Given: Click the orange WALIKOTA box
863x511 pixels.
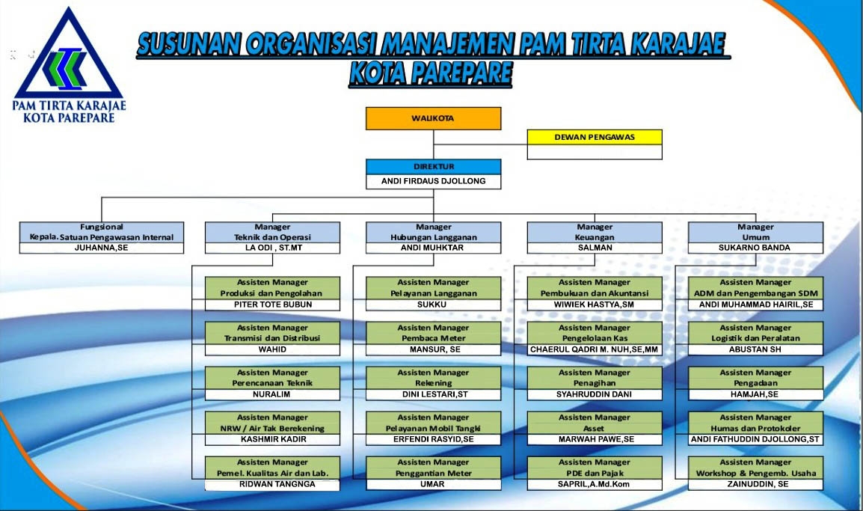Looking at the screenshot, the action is pos(433,118).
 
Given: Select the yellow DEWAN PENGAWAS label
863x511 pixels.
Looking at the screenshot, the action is pos(595,137).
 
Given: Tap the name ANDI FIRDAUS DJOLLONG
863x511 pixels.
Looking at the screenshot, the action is pos(433,181).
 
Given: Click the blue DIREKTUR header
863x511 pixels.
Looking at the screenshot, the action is pos(434,167).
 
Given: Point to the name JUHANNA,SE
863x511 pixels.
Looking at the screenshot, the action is pos(101,248).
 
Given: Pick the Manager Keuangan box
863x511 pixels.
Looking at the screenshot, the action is pos(595,237).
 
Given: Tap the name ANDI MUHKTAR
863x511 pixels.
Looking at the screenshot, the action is pos(432,248).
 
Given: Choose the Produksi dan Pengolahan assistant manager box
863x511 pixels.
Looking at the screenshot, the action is pos(272,293).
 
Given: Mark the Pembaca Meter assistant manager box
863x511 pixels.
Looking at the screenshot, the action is pos(434,338).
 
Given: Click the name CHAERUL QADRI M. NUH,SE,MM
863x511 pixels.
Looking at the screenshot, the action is pos(594,349).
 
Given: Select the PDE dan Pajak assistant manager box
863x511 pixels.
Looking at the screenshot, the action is pos(595,473).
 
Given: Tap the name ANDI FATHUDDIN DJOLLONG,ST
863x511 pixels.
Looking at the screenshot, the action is pos(755,439).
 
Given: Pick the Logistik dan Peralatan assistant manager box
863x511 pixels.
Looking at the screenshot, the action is pos(755,338).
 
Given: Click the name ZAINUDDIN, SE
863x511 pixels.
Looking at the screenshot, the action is pos(758,484).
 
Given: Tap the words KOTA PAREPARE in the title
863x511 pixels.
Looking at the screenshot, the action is pos(431,74).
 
